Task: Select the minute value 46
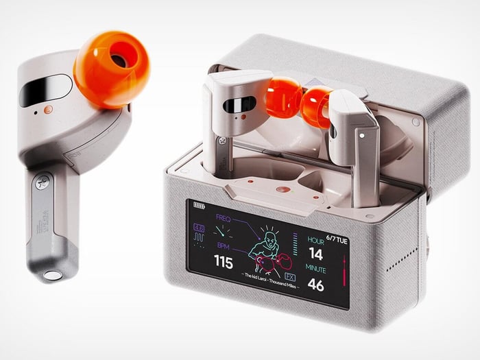316,285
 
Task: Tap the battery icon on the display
200,204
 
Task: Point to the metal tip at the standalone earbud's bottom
51,276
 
